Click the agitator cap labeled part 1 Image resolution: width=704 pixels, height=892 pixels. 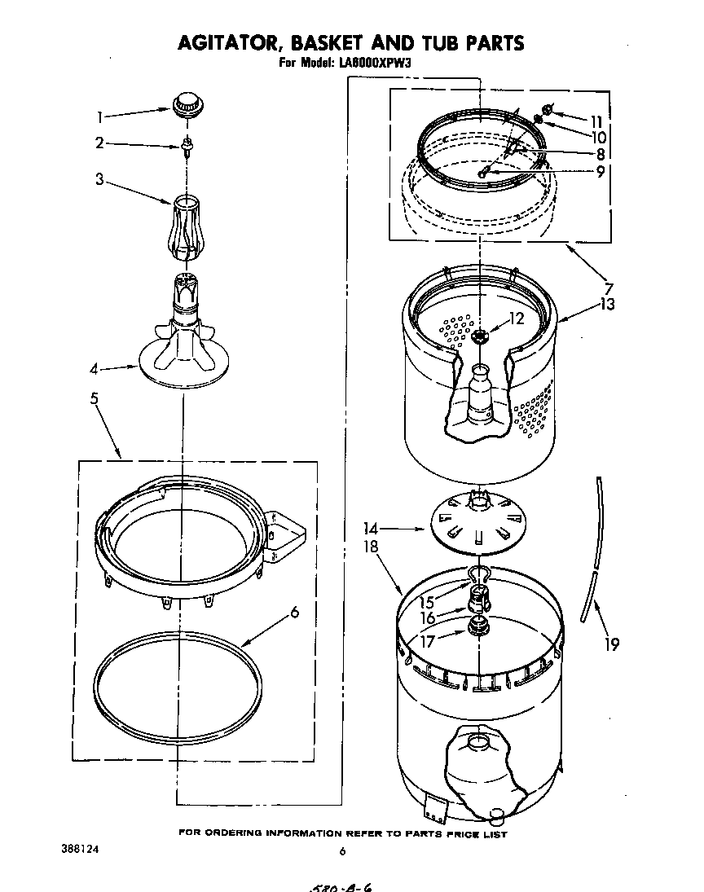[x=187, y=105]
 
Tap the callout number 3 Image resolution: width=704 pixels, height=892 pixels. [x=99, y=179]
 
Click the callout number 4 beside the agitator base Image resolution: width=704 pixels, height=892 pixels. [x=95, y=370]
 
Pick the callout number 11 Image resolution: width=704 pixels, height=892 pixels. [x=597, y=120]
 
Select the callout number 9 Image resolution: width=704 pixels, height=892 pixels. [x=600, y=172]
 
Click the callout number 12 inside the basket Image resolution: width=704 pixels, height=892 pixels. [x=517, y=319]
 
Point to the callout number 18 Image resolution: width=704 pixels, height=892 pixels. [x=372, y=547]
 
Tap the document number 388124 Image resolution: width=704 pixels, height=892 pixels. [x=80, y=848]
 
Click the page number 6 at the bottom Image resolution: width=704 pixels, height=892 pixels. [x=342, y=851]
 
